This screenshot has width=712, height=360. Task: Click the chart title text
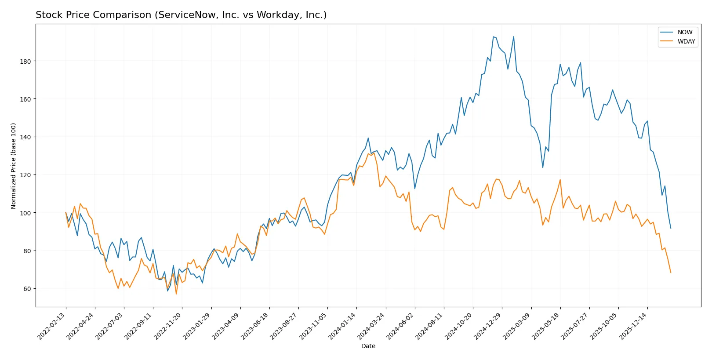tap(181, 15)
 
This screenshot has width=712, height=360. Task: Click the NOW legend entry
tap(684, 32)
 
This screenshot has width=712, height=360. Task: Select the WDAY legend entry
tap(686, 41)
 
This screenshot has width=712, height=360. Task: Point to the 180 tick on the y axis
tap(25, 61)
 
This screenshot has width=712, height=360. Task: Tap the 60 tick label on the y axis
tap(27, 289)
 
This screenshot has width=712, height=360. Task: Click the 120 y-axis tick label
tap(25, 175)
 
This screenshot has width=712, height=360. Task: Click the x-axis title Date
tap(368, 346)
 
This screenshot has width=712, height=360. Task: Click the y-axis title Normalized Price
tap(14, 166)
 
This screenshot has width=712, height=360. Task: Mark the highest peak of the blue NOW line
tap(493, 37)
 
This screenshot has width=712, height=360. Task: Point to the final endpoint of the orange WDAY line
tap(671, 273)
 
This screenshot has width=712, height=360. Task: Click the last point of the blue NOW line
tap(671, 228)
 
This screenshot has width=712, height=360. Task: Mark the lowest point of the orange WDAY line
tap(176, 294)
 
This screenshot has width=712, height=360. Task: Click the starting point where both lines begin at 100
tap(66, 213)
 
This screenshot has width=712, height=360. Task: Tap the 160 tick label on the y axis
tap(25, 99)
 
